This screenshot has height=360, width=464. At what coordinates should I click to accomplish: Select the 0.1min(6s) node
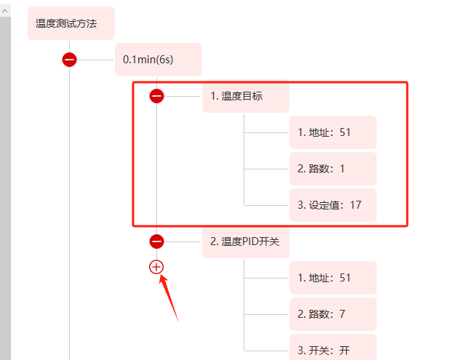tap(158, 60)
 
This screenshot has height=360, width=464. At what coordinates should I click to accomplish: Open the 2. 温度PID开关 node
tap(245, 241)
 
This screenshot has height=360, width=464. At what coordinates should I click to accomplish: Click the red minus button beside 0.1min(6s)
tap(70, 60)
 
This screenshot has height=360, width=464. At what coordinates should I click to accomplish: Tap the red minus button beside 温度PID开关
tap(156, 241)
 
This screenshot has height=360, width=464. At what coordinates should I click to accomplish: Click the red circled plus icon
tap(156, 267)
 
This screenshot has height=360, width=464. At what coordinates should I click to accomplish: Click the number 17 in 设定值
tap(356, 205)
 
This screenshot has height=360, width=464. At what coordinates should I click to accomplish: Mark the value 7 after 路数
tap(342, 314)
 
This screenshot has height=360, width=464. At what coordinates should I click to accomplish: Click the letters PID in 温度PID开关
tap(253, 241)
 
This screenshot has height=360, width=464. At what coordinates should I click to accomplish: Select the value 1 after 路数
tap(342, 169)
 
